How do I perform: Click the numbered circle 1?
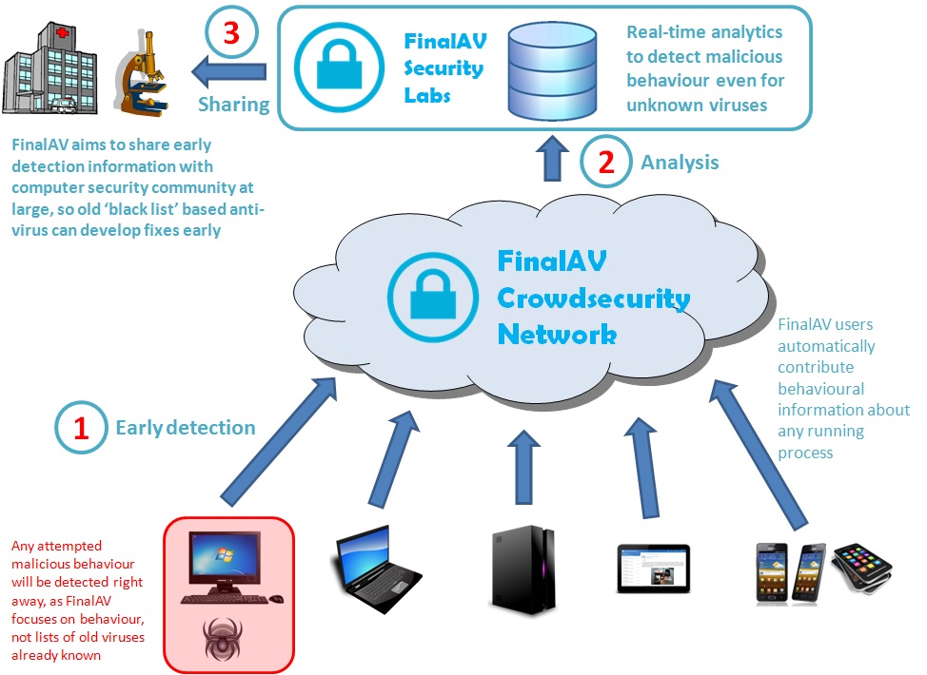[81, 428]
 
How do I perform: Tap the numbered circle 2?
[605, 162]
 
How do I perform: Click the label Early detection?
[186, 428]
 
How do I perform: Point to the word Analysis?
[680, 163]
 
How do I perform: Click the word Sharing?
[233, 105]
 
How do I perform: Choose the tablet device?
[653, 568]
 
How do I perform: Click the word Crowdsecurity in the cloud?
[593, 299]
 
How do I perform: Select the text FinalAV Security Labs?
[444, 68]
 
